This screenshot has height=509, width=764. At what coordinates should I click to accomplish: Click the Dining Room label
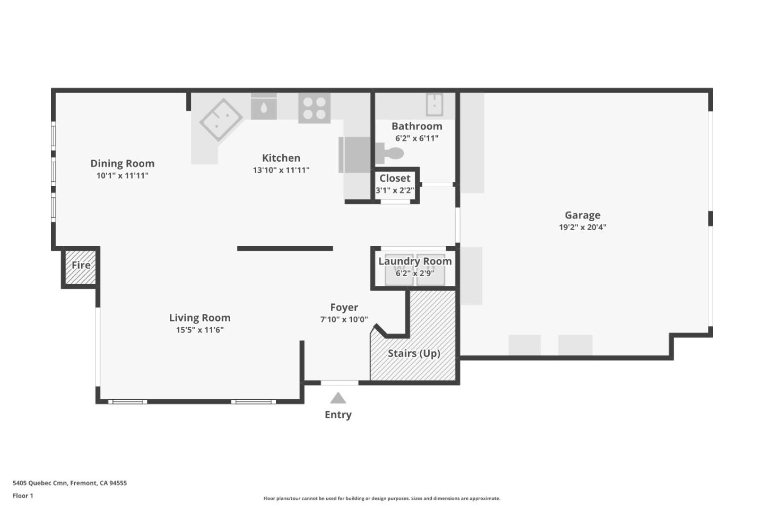tap(122, 163)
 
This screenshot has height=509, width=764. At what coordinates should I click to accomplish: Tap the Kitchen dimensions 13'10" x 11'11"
tap(281, 170)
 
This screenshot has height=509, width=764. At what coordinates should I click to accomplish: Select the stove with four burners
tap(314, 108)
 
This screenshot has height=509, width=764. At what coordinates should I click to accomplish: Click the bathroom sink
tap(435, 104)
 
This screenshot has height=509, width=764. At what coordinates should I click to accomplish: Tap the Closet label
tap(395, 178)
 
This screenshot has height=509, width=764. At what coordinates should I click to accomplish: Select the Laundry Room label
tap(415, 261)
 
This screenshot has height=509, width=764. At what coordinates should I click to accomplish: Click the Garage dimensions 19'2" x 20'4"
tap(582, 227)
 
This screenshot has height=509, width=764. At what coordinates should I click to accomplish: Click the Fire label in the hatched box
tap(81, 265)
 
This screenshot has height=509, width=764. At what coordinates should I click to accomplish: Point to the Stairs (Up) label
tap(414, 353)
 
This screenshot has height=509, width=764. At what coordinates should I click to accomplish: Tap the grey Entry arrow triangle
tap(338, 398)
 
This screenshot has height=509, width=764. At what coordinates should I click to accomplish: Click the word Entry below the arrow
tap(338, 415)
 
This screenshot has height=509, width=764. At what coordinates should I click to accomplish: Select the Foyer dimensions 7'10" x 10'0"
tap(344, 319)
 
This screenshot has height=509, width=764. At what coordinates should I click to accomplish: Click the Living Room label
tap(199, 318)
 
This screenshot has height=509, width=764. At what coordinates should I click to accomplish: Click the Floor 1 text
tap(23, 496)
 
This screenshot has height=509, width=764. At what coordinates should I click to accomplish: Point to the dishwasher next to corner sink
tap(264, 107)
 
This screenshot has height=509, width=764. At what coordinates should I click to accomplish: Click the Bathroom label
tap(416, 126)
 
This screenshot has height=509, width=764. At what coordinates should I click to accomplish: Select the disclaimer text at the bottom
tap(381, 498)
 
